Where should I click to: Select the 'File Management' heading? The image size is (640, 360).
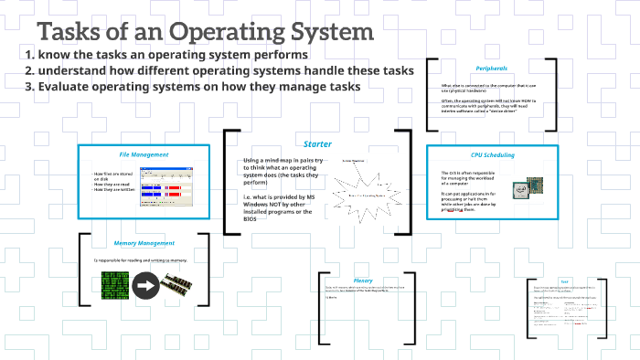[x=144, y=154]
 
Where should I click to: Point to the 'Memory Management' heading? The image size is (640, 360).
[x=144, y=244]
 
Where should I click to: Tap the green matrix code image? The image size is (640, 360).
[x=112, y=285]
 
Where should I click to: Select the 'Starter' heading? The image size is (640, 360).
[x=317, y=143]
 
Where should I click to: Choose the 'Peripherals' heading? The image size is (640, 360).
[x=491, y=69]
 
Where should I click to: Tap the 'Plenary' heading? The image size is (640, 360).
[x=362, y=281]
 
